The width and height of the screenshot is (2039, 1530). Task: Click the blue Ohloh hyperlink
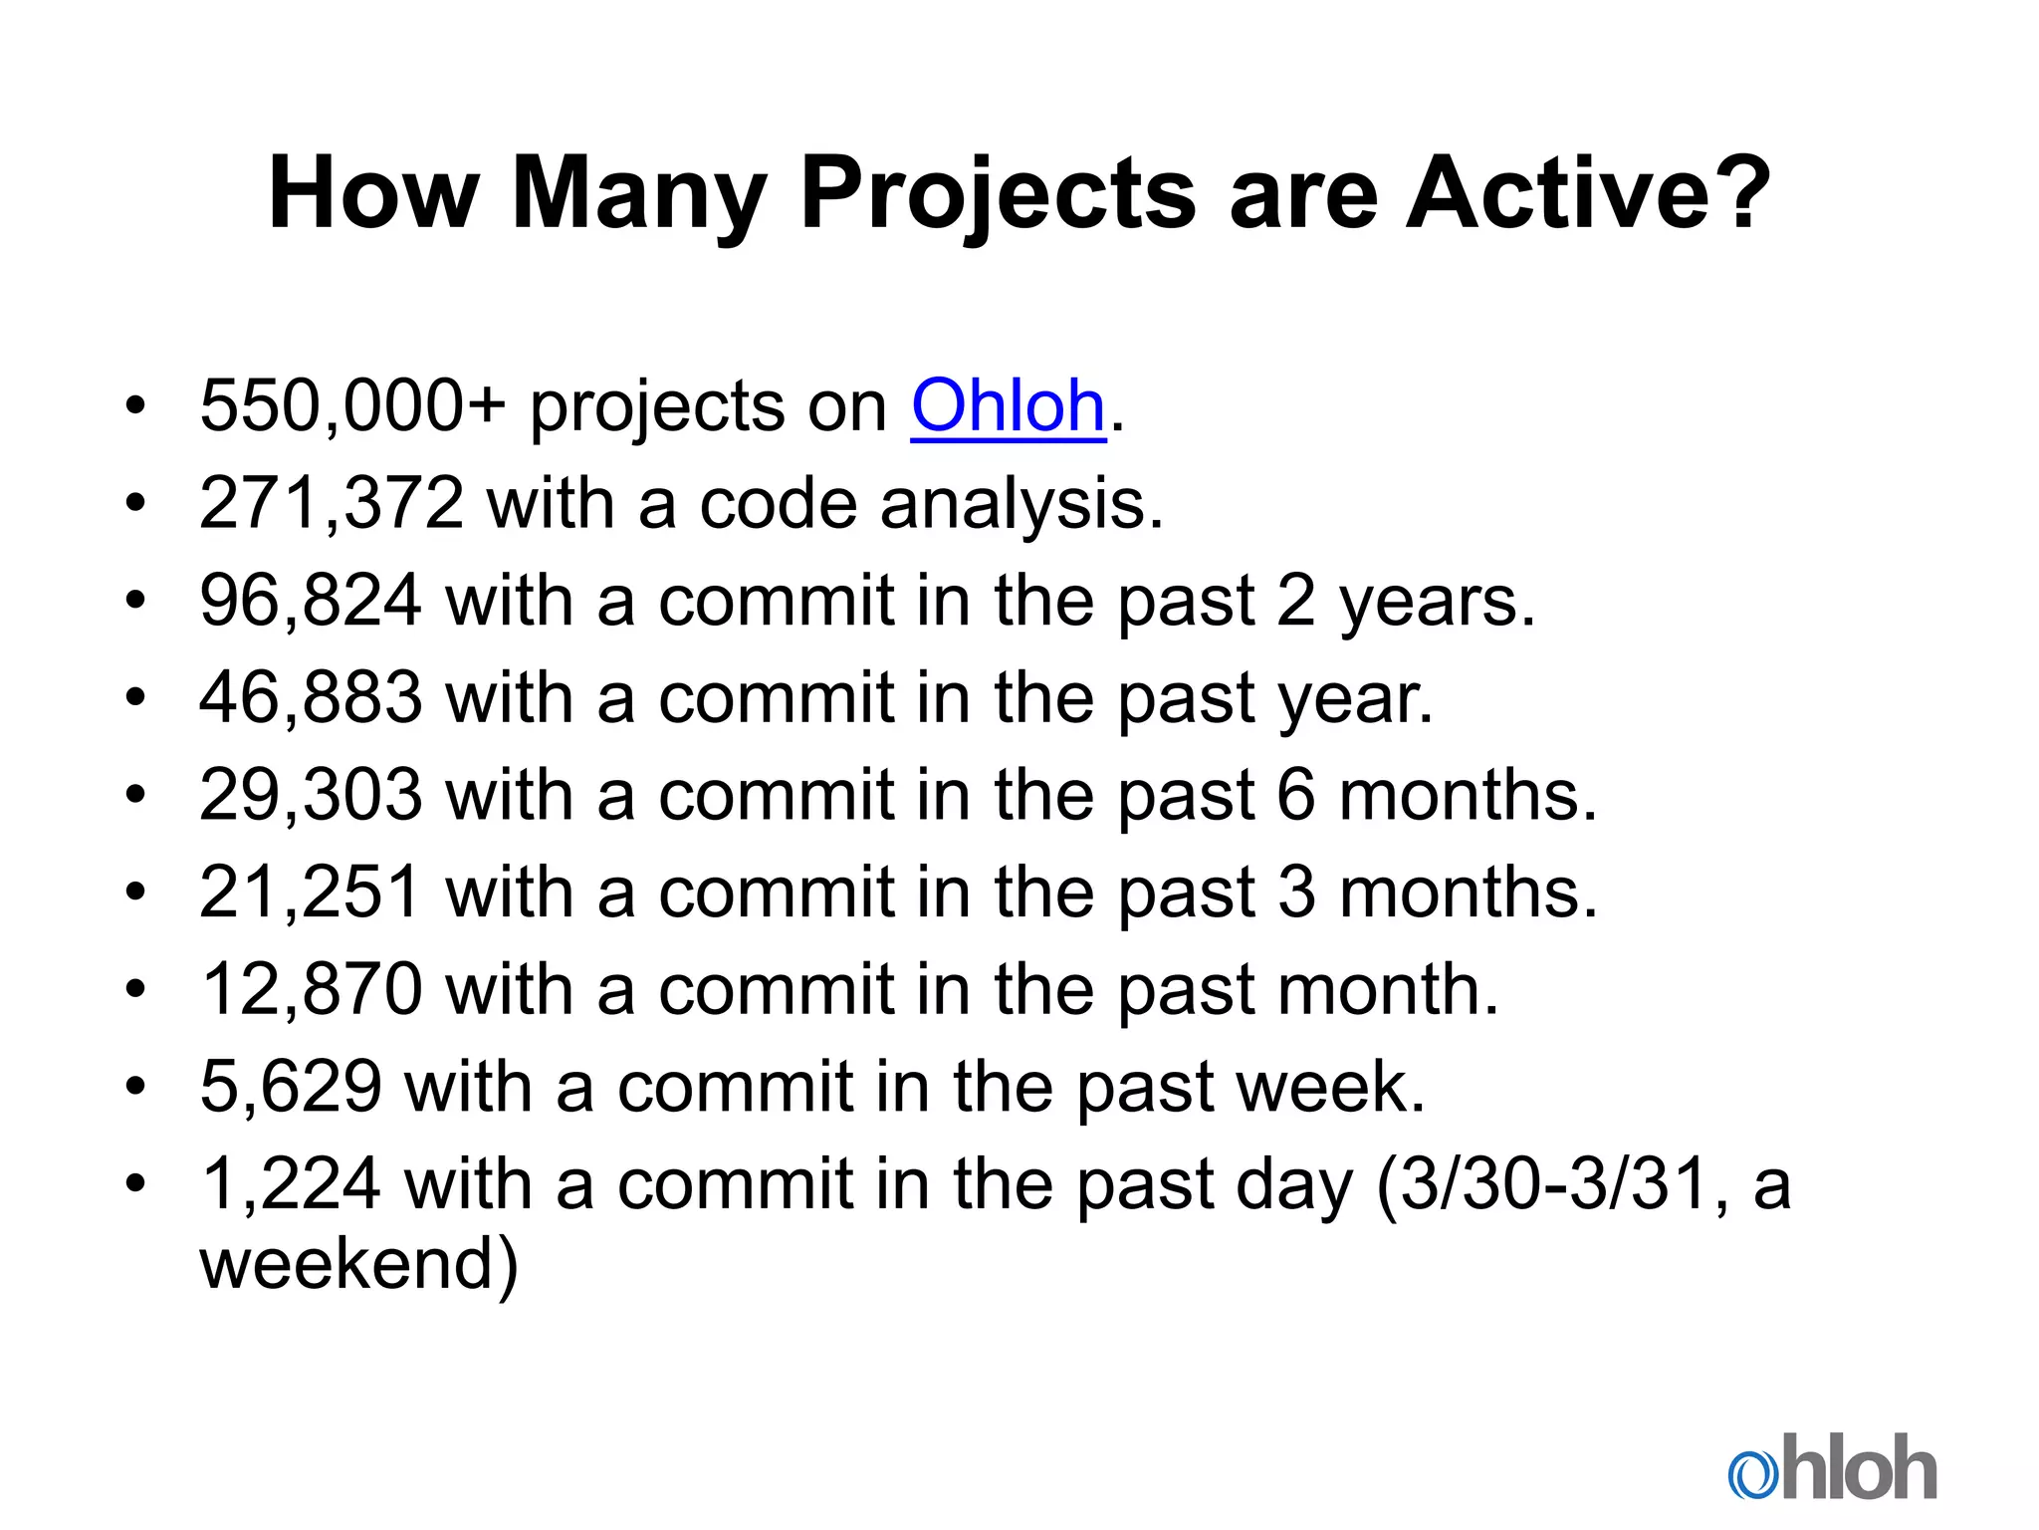pyautogui.click(x=1008, y=406)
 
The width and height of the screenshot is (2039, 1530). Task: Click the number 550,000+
pyautogui.click(x=352, y=406)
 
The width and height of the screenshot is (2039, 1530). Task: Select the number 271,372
pyautogui.click(x=332, y=504)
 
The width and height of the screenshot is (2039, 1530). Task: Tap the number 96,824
pyautogui.click(x=311, y=602)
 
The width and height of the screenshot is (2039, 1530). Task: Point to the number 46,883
pyautogui.click(x=311, y=698)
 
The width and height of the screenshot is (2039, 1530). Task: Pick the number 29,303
pyautogui.click(x=311, y=795)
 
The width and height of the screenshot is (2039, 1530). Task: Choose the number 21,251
pyautogui.click(x=311, y=892)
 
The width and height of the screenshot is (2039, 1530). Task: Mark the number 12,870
pyautogui.click(x=311, y=989)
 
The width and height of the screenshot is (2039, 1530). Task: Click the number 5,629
pyautogui.click(x=291, y=1086)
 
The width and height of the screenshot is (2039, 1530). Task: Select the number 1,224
pyautogui.click(x=291, y=1183)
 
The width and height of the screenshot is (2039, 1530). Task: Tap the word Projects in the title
pyautogui.click(x=997, y=194)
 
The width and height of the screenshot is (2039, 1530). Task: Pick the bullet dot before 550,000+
pyautogui.click(x=135, y=406)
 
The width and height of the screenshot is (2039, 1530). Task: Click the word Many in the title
pyautogui.click(x=638, y=194)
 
